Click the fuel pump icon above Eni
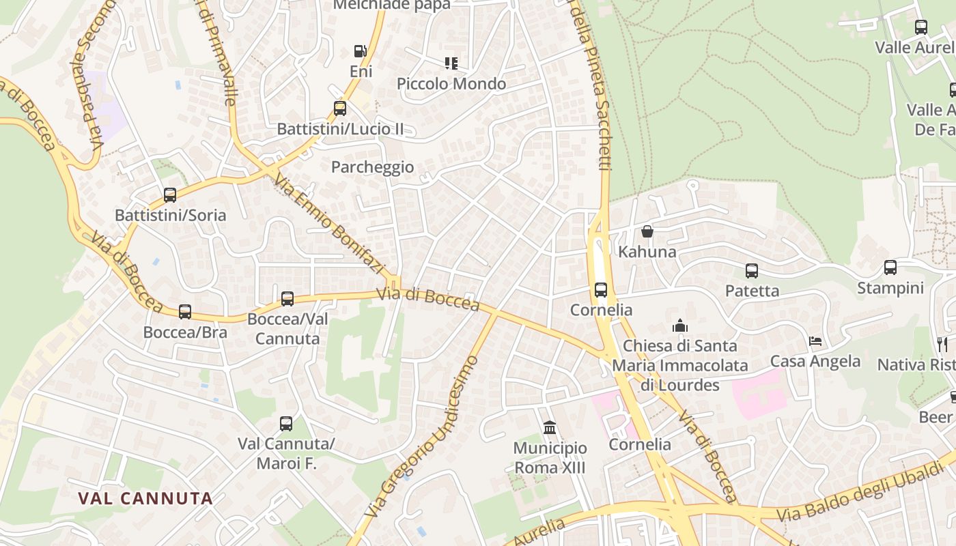coord(360,51)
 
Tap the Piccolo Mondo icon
coord(451,63)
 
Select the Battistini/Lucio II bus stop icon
coord(339,108)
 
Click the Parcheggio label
coord(372,167)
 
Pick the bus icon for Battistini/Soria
coord(170,195)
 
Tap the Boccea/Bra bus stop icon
coord(185,312)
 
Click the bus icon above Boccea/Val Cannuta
coord(287,298)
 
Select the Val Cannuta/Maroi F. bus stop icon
coord(286,424)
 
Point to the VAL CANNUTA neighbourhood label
coord(145,498)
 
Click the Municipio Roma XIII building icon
coord(550,428)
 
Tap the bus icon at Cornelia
coord(601,290)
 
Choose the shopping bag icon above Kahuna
coord(647,232)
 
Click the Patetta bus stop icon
coord(752,271)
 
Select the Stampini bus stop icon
coord(890,268)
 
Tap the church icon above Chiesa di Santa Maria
coord(679,326)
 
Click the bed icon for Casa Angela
coord(815,341)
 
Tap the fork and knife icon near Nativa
coord(942,344)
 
